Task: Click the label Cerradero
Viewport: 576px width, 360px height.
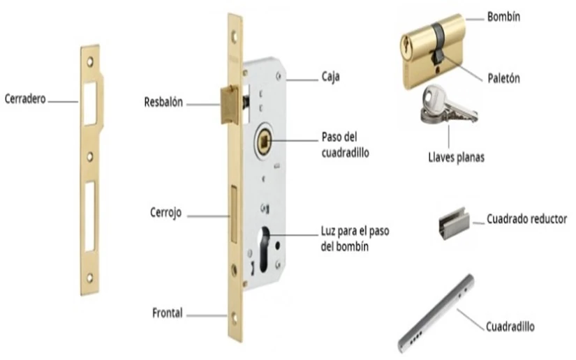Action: (25, 98)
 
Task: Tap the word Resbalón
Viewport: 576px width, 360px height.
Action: (163, 102)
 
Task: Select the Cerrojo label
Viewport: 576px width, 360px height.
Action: (165, 213)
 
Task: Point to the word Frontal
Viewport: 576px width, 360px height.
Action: (167, 313)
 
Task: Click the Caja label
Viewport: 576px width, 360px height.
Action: (331, 77)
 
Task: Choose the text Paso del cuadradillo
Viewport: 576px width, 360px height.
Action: (346, 144)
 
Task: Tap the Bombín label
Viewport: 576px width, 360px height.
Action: (503, 17)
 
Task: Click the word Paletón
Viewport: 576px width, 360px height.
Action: (503, 78)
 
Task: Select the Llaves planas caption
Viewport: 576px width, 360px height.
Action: (456, 158)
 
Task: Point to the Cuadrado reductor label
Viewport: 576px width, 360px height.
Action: (526, 219)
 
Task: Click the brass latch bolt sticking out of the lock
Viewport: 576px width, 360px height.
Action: (230, 105)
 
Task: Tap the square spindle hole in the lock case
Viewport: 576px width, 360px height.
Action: (265, 142)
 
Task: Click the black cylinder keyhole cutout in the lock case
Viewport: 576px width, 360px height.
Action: (265, 249)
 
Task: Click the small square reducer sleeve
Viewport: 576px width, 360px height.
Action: (454, 223)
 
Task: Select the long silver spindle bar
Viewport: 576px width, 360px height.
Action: (436, 313)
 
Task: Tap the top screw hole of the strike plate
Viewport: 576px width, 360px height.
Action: (90, 61)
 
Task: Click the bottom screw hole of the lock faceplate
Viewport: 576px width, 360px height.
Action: (235, 317)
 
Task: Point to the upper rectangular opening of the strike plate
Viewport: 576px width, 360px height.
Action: (90, 103)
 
